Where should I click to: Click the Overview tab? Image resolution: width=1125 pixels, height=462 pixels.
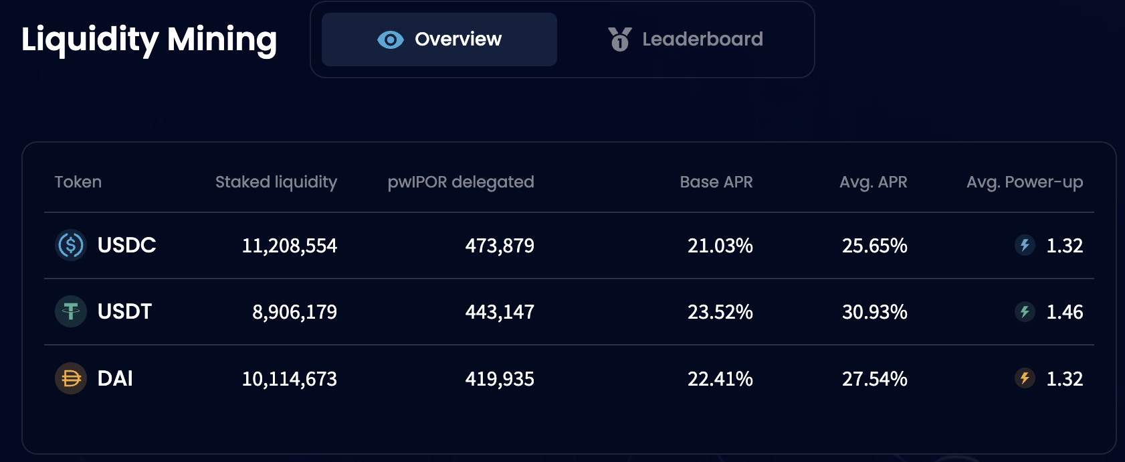tap(439, 40)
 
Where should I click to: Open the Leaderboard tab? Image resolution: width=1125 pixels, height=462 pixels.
tap(686, 40)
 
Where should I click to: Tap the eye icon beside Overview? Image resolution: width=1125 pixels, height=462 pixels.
tap(391, 40)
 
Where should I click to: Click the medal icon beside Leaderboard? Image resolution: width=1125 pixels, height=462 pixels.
tap(620, 40)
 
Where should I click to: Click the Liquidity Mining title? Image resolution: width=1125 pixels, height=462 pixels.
tap(149, 40)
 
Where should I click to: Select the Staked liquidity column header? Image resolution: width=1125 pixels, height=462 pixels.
tap(276, 182)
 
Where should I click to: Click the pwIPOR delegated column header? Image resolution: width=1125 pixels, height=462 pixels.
tap(461, 182)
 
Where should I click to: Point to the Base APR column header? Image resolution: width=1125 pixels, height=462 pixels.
tap(716, 182)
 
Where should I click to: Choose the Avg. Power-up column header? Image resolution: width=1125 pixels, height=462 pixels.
tap(1025, 182)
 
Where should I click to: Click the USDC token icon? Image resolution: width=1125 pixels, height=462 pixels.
tap(71, 245)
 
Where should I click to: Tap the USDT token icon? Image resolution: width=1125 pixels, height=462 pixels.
tap(71, 311)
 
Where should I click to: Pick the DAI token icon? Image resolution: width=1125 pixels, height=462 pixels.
tap(71, 378)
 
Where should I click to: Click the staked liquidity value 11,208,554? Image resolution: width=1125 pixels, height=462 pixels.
tap(290, 246)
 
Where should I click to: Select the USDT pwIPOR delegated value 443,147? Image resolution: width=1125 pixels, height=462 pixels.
tap(500, 312)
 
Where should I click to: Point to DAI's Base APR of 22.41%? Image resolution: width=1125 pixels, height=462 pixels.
tap(720, 379)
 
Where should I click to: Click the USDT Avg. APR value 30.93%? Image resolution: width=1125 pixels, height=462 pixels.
tap(875, 312)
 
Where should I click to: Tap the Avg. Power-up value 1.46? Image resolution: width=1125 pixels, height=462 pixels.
tap(1064, 312)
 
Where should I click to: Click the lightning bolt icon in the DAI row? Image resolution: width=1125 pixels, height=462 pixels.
tap(1025, 378)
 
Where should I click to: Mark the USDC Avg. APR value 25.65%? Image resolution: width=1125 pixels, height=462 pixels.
tap(875, 246)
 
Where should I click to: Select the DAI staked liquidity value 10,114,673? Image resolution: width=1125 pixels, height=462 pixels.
tap(290, 379)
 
